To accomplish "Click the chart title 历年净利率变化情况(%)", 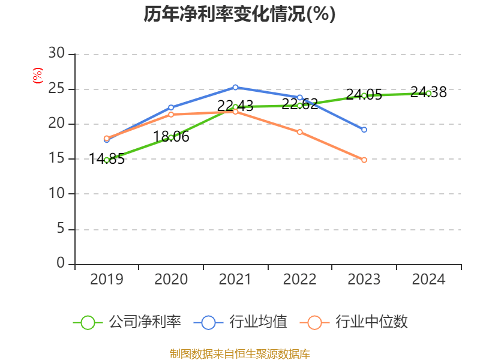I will (239, 14).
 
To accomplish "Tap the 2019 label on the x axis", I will (106, 279).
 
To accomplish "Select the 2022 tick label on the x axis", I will (299, 279).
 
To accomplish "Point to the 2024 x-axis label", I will (428, 279).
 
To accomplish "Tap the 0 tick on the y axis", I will (60, 264).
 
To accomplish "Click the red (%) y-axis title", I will (37, 75).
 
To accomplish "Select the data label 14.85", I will (106, 159).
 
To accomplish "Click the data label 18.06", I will (171, 137).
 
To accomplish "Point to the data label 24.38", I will (428, 92).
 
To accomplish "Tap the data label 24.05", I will (364, 95).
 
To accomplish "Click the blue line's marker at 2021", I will (235, 87).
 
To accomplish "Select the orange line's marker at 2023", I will (364, 160).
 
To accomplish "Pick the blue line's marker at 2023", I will (364, 130).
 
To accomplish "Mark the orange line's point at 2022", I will (300, 132).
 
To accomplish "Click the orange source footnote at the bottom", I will (239, 353).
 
